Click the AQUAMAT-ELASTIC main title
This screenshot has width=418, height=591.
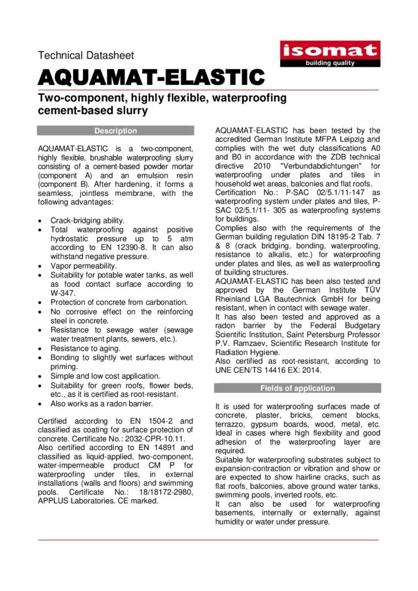pyautogui.click(x=151, y=76)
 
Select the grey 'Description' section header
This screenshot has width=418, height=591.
pyautogui.click(x=116, y=131)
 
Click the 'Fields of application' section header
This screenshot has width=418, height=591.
pyautogui.click(x=297, y=388)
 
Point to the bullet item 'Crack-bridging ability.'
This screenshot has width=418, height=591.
pyautogui.click(x=87, y=220)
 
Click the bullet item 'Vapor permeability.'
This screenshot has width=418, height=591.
pyautogui.click(x=84, y=266)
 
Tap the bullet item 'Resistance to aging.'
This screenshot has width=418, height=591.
pyautogui.click(x=85, y=349)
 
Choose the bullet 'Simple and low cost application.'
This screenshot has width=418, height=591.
pyautogui.click(x=106, y=376)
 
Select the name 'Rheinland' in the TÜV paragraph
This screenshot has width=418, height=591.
pyautogui.click(x=235, y=290)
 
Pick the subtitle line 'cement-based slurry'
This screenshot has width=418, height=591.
pyautogui.click(x=93, y=111)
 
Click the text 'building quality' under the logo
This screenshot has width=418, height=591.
pyautogui.click(x=330, y=63)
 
